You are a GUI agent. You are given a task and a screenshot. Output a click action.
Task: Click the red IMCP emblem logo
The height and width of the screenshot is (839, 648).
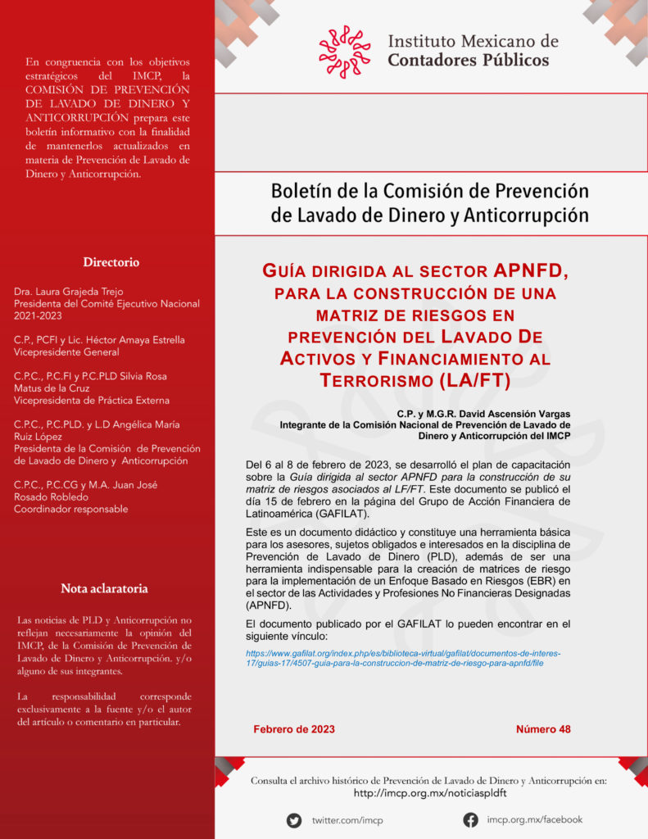[x=345, y=51]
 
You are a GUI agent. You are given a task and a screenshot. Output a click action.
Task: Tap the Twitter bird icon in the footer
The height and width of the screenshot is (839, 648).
[x=294, y=820]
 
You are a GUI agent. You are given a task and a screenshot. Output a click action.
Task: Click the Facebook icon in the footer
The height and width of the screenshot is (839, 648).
[x=470, y=819]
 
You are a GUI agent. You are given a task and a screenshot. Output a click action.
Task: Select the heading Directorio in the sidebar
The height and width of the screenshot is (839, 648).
[x=111, y=262]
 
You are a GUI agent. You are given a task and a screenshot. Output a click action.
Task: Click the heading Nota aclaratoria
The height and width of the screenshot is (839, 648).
[x=104, y=588]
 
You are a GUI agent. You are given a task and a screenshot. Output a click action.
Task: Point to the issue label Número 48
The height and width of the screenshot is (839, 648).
[x=543, y=729]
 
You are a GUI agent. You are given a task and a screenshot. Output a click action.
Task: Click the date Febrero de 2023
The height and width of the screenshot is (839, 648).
[x=294, y=729]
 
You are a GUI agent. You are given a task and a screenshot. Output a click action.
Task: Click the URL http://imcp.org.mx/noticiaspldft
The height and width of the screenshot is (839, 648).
[x=429, y=793]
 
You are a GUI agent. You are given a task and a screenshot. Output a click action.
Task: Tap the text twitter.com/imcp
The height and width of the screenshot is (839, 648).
[x=347, y=820]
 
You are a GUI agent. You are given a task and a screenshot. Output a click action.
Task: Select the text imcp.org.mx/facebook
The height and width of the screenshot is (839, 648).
[x=534, y=819]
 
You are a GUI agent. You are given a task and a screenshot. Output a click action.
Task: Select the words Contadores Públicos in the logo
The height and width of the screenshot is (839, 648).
[x=468, y=60]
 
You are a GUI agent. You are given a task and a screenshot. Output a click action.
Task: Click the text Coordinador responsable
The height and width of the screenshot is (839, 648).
[x=70, y=509]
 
